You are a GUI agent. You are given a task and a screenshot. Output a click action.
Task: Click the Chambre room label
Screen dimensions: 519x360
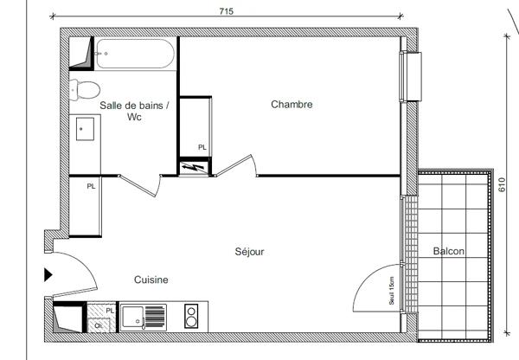coord(292,105)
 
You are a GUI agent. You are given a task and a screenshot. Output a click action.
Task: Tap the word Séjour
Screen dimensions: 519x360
coord(250,252)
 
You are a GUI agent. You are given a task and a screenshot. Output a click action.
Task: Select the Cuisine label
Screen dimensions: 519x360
coord(151,280)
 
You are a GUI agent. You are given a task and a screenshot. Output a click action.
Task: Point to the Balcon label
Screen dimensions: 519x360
coord(448,251)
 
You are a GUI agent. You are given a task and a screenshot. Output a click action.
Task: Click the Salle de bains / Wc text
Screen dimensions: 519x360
coord(134,111)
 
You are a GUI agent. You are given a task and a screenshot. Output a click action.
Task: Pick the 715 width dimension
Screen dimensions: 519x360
coord(227,11)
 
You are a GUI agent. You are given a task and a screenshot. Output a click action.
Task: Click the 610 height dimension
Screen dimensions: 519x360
coord(502,185)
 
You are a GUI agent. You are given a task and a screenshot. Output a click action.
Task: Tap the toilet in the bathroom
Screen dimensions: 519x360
coord(85,90)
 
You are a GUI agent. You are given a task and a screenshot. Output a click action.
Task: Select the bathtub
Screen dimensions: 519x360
coord(135,54)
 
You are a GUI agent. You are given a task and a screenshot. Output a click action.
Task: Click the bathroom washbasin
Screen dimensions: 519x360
coord(85,129)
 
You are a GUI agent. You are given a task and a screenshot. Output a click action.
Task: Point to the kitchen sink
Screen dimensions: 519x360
coord(144,317)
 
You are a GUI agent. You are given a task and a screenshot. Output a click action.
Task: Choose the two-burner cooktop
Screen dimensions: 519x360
coord(191,316)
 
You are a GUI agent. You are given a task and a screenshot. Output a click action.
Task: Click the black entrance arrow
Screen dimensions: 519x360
coord(48,275)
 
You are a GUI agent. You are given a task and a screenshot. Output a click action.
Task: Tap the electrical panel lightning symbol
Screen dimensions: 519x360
coord(194,168)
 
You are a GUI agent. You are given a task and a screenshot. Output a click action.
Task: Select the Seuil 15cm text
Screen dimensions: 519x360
coord(392,291)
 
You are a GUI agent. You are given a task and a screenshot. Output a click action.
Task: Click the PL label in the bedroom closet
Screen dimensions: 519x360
coord(202,147)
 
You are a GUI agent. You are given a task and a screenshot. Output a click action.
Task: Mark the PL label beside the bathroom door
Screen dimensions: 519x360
coord(91,186)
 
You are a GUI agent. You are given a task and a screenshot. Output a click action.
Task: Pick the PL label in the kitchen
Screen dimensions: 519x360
coord(110,311)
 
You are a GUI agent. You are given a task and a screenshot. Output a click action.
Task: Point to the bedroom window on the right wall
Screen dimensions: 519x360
coord(411,76)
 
